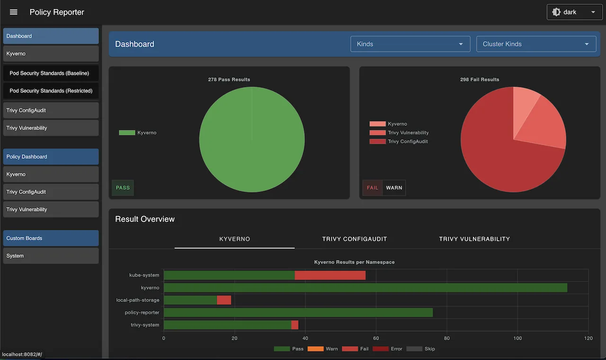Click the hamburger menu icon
pos(14,12)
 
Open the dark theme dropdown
pos(574,12)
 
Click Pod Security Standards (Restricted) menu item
pos(51,91)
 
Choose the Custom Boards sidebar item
pos(51,238)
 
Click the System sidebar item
pos(51,256)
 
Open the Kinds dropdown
pos(410,44)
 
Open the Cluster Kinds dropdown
pos(536,44)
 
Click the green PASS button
pos(123,188)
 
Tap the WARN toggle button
pos(394,188)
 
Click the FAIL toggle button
pos(373,188)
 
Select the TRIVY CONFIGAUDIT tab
pos(355,239)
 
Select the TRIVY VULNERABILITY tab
pos(474,239)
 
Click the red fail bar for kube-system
pos(330,275)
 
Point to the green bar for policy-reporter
pos(298,313)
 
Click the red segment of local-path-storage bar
pos(224,300)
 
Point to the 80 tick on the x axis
pos(447,338)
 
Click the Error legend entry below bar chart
pos(387,349)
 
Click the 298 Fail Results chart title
pos(480,79)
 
